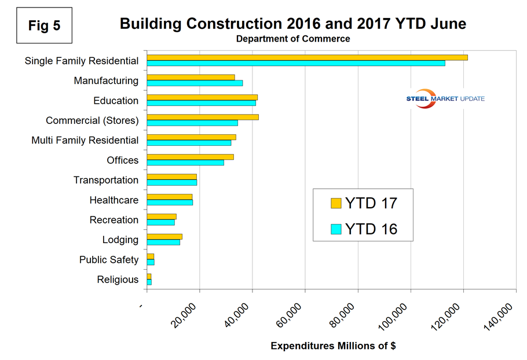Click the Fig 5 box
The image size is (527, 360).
(45, 26)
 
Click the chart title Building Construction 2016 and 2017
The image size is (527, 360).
(292, 24)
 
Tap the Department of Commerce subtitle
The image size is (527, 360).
(292, 39)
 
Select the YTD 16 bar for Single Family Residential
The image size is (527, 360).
(295, 63)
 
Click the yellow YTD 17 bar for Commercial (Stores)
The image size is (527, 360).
(202, 117)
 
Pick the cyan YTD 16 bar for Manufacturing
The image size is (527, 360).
(195, 83)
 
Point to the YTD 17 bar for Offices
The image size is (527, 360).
(190, 157)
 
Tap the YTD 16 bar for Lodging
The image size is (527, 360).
(163, 243)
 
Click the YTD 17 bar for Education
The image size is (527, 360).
(202, 97)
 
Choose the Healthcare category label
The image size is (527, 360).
(114, 200)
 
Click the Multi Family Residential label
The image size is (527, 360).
(85, 140)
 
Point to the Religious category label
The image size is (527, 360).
(118, 280)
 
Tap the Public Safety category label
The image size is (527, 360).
(109, 260)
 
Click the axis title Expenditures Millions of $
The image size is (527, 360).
(333, 346)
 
